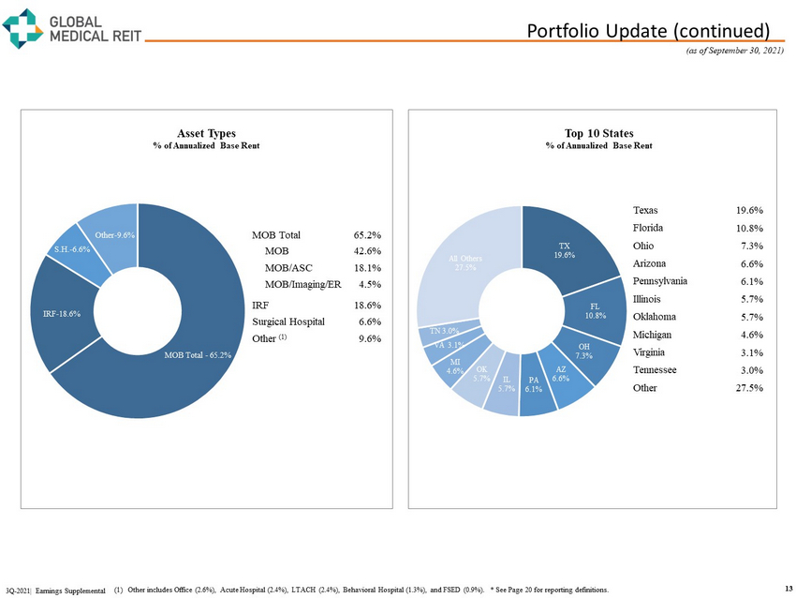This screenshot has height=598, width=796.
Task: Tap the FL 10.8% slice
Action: click(x=594, y=310)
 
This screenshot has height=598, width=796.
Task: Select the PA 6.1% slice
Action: click(x=533, y=383)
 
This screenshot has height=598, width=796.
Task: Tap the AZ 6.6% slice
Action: click(x=560, y=375)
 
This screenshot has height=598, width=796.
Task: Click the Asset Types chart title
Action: click(x=206, y=133)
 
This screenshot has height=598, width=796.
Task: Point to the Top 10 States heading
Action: click(x=599, y=133)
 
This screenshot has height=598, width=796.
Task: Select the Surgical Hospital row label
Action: click(x=288, y=321)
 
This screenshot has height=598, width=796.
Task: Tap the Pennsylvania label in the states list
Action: click(x=660, y=281)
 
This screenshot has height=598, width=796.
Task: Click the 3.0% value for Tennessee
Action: click(x=749, y=370)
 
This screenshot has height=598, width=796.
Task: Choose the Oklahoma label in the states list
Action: click(x=657, y=317)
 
